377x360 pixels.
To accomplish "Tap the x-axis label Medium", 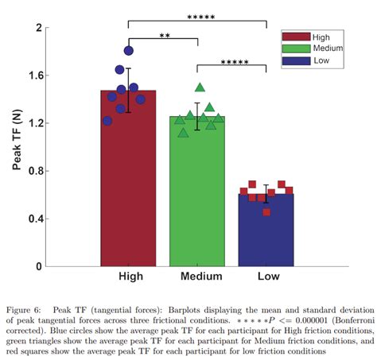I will coord(197,276).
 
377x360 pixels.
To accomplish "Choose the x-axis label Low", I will coord(266,276).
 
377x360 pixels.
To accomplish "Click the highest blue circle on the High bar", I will coord(129,50).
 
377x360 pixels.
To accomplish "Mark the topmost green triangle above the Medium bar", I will coord(200,87).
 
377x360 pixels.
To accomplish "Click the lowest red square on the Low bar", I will coord(266,212).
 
